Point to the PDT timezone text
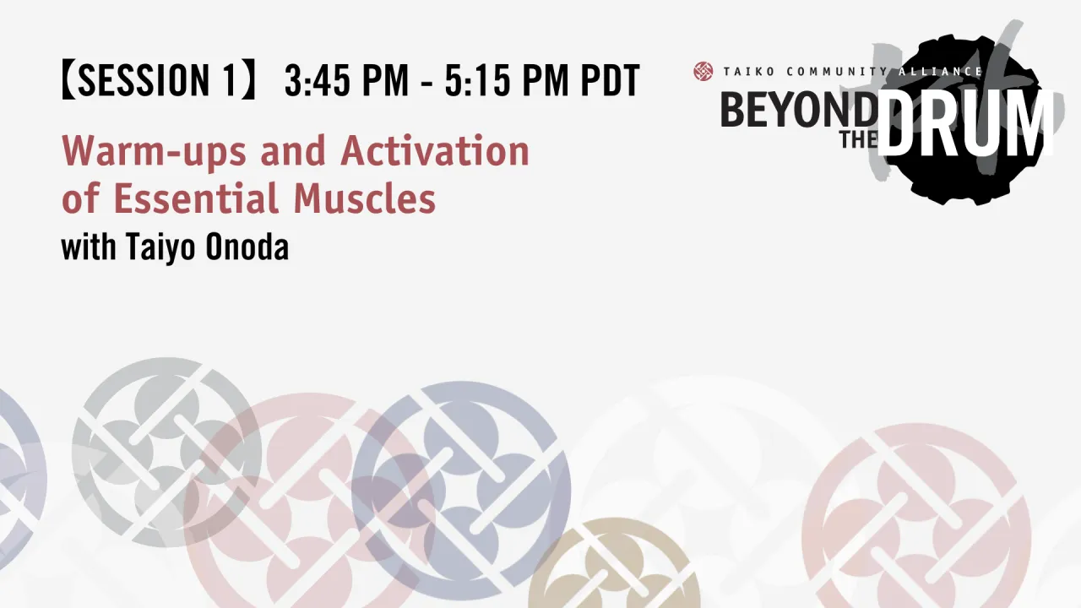[610, 81]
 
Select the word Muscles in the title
[365, 199]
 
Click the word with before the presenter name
[89, 248]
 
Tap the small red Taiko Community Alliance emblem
[703, 72]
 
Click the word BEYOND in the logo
[797, 111]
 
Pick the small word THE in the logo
[857, 139]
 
